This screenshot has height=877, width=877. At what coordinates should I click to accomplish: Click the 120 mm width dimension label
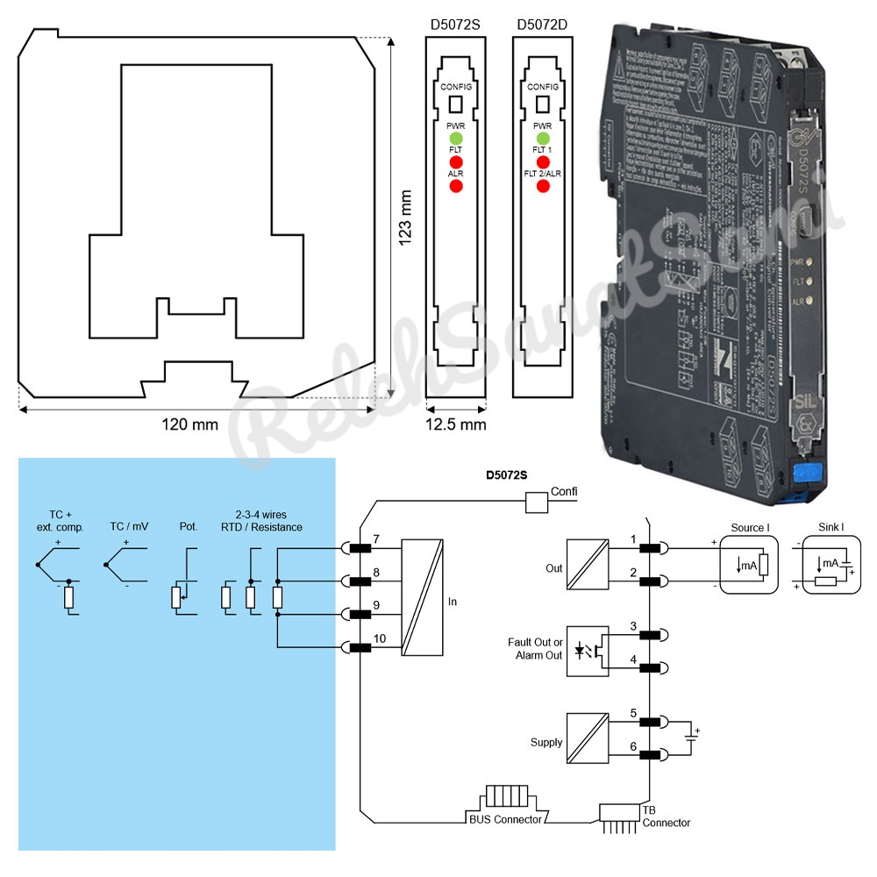click(x=189, y=424)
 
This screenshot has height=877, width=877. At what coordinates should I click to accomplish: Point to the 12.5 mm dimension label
click(x=456, y=424)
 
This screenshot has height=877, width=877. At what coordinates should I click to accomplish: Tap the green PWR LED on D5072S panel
click(x=456, y=139)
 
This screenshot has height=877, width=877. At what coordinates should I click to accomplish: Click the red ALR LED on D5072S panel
click(x=456, y=185)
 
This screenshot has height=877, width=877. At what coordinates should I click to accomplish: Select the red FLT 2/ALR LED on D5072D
click(x=543, y=185)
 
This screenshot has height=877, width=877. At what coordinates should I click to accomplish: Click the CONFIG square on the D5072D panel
click(x=543, y=104)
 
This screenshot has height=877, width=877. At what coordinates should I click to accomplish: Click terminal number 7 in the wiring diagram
click(x=375, y=538)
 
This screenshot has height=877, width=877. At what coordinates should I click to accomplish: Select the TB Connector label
click(x=666, y=816)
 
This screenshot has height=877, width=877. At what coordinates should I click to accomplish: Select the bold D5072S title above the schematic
click(x=507, y=476)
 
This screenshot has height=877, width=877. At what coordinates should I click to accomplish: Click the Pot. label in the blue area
click(x=188, y=527)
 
